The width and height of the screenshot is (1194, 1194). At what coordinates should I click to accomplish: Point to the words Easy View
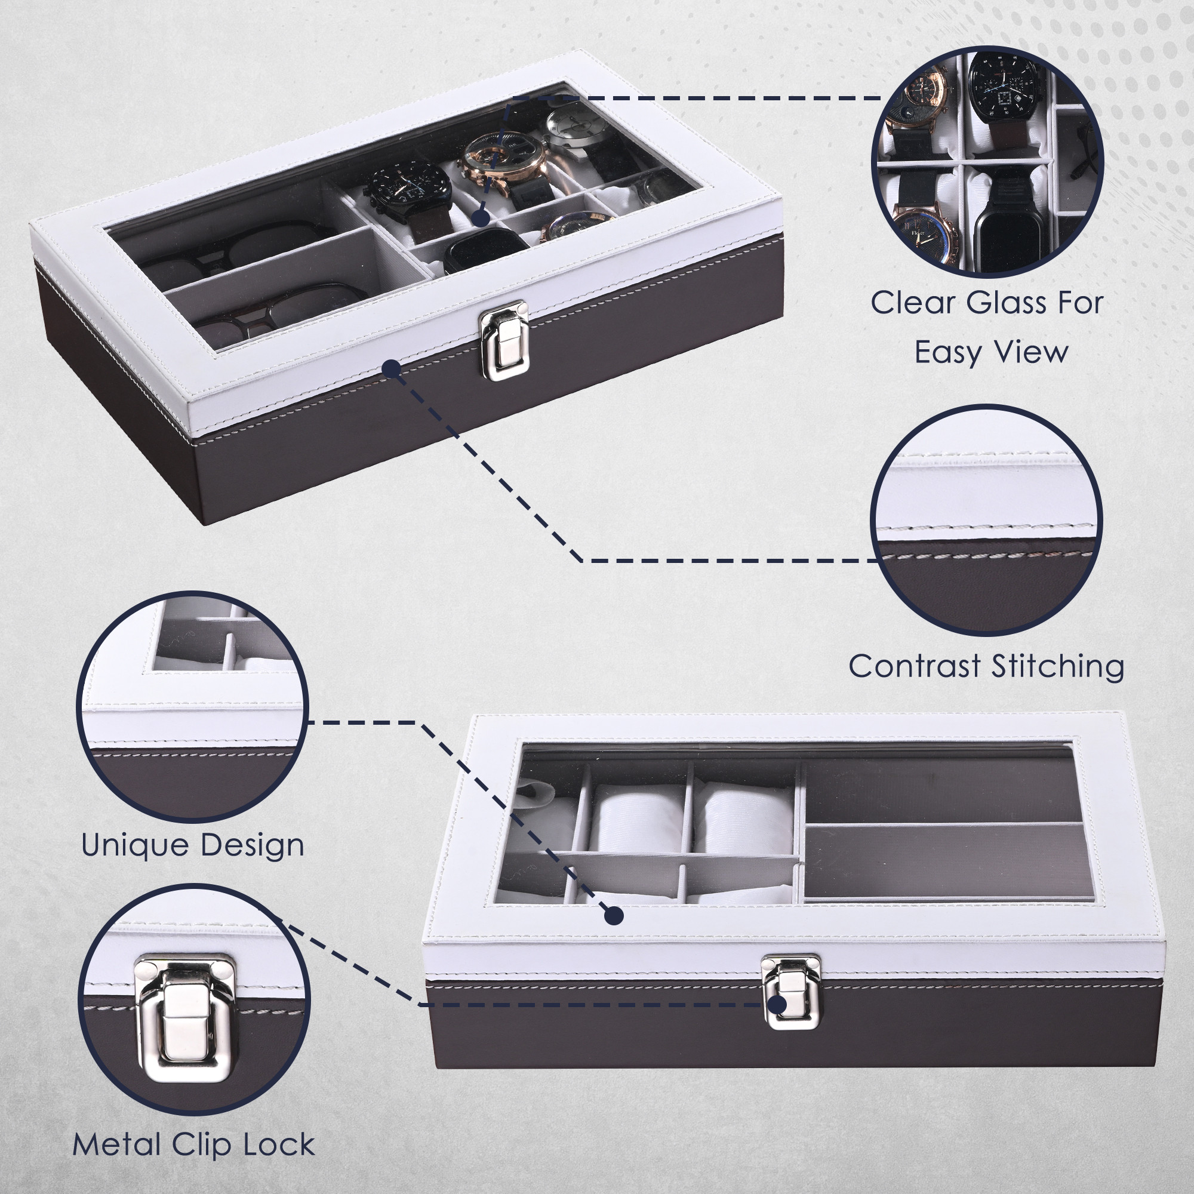990,353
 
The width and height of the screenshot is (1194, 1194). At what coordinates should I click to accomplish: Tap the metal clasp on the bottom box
792,993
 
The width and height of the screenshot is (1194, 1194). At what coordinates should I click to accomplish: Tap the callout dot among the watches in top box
480,217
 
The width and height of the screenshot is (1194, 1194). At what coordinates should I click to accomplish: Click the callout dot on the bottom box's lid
613,916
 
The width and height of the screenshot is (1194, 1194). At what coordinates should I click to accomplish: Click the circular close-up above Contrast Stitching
987,521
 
